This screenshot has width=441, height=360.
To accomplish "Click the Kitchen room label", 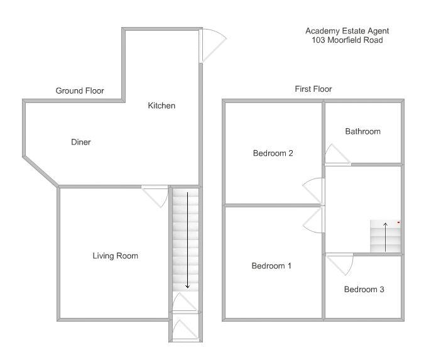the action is pyautogui.click(x=161, y=106).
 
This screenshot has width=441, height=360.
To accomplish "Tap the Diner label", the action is pyautogui.click(x=81, y=142).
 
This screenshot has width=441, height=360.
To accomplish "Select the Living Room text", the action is pyautogui.click(x=115, y=256).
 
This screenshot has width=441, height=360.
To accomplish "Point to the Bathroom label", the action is pyautogui.click(x=362, y=131).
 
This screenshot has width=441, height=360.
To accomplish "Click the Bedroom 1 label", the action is pyautogui.click(x=271, y=266).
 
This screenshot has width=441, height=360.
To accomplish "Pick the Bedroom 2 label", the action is pyautogui.click(x=273, y=153).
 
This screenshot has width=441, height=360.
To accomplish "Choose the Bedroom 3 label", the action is pyautogui.click(x=364, y=290).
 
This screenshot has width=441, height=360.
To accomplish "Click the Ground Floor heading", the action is pyautogui.click(x=80, y=91).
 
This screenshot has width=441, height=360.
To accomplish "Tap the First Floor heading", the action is pyautogui.click(x=313, y=89).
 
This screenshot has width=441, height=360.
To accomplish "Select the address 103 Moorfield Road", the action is pyautogui.click(x=347, y=40).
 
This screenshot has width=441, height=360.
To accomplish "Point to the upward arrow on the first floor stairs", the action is pyautogui.click(x=386, y=236).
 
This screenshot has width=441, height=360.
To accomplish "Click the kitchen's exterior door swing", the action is pyautogui.click(x=213, y=46).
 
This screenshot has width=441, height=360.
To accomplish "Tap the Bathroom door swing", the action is pyautogui.click(x=335, y=155).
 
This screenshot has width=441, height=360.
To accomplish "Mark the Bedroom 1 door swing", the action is pyautogui.click(x=313, y=221).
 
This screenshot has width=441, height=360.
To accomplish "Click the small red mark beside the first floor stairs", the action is pyautogui.click(x=398, y=222).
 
